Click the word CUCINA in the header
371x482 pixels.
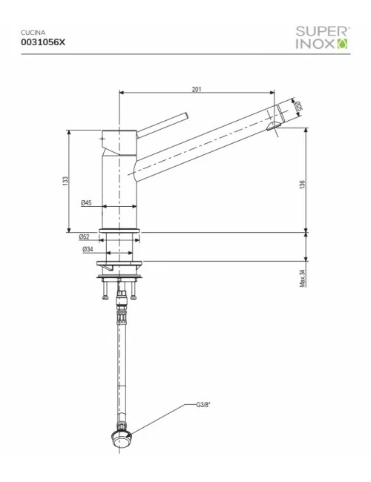coord(33,33)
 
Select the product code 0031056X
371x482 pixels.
coord(44,43)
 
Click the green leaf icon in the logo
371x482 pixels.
coord(342,44)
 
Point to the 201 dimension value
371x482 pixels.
coord(197,90)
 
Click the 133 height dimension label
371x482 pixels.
coord(65,181)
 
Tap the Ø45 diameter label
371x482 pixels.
coord(87,203)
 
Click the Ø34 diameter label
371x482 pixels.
coord(88,250)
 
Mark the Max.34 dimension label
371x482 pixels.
coord(303,278)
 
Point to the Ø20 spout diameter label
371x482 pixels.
coord(298,108)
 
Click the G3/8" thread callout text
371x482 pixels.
coord(204,406)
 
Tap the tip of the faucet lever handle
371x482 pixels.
coord(186,115)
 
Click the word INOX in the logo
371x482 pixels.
coord(316,44)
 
